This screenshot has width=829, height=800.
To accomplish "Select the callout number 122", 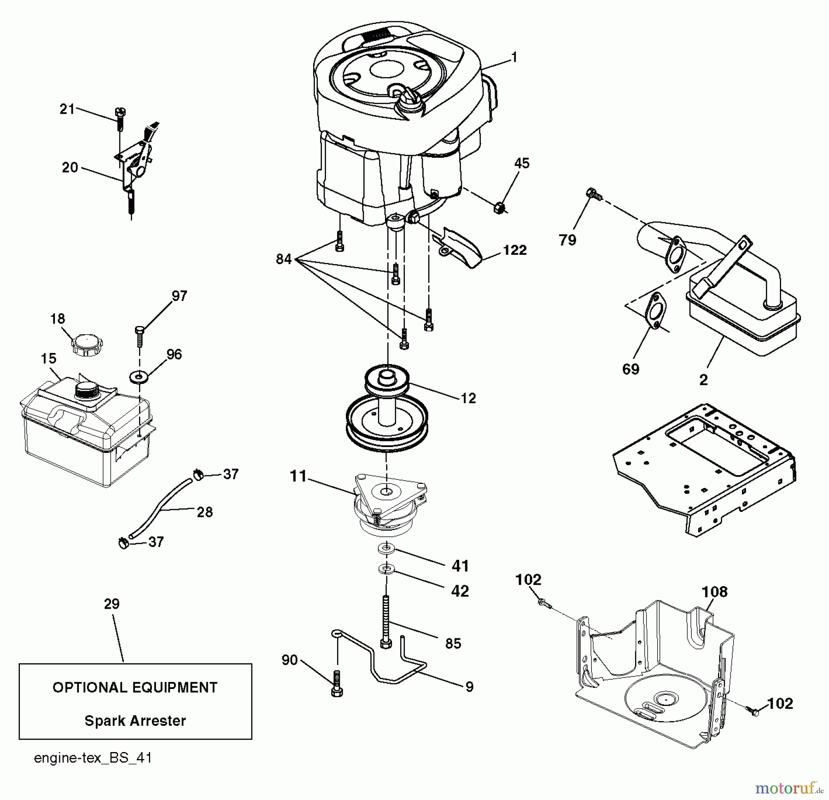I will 514,250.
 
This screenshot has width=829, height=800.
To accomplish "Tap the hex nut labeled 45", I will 499,208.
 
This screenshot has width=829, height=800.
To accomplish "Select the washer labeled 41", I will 386,548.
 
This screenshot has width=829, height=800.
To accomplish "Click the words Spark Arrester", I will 135,721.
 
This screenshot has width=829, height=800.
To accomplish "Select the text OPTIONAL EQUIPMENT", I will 135,688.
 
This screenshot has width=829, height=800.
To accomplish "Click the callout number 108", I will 714,592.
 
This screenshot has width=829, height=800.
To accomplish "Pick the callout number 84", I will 284,259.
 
